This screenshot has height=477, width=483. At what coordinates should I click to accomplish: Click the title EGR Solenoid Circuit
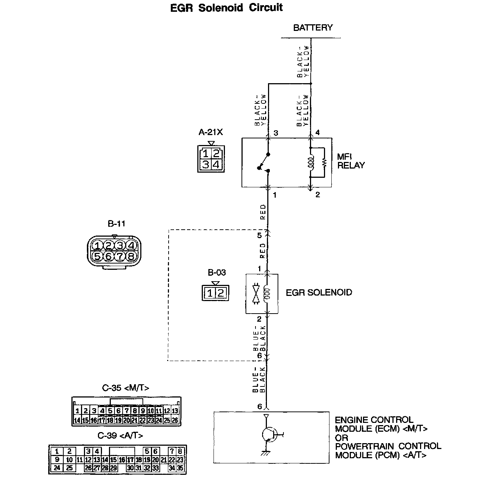(x=226, y=8)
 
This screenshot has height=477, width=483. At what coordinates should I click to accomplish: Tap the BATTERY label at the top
(x=313, y=28)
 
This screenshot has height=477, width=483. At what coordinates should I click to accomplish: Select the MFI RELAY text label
(x=350, y=161)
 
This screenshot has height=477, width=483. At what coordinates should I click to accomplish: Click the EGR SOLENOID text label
(x=319, y=293)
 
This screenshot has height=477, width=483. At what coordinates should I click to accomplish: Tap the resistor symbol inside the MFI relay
(x=325, y=162)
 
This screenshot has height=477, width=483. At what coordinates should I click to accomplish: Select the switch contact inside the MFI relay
(x=264, y=162)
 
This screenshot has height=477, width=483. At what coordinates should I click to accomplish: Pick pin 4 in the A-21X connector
(x=216, y=164)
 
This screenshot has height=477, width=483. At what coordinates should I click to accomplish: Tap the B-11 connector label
(x=117, y=223)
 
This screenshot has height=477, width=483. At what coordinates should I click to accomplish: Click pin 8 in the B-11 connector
(x=131, y=256)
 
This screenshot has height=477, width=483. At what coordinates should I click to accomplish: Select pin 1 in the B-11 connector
(x=98, y=245)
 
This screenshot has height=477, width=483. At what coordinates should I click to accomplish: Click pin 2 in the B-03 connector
(x=220, y=293)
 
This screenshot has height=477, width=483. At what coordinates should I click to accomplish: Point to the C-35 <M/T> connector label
(x=126, y=388)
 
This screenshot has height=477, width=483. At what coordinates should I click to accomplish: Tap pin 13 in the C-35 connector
(x=175, y=411)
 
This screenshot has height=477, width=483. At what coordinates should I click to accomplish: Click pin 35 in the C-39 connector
(x=180, y=468)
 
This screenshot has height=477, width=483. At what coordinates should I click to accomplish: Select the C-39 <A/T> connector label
(x=120, y=435)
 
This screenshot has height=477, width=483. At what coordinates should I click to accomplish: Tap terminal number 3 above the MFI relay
(x=276, y=133)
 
